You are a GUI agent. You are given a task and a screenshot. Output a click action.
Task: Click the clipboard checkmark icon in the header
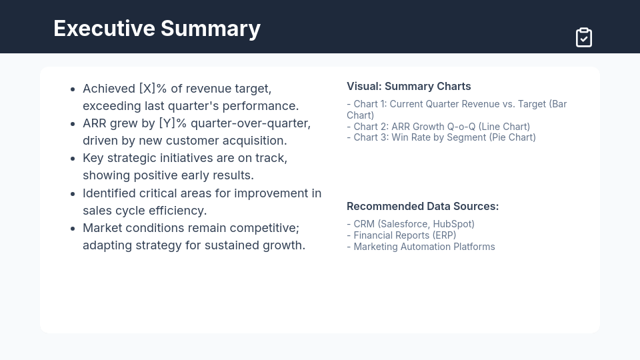point(584,37)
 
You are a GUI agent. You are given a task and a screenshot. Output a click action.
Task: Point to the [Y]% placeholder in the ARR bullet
point(173,123)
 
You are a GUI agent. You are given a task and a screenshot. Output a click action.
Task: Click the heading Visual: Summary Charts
point(409,86)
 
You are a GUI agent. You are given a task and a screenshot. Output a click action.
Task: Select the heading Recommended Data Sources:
point(423,206)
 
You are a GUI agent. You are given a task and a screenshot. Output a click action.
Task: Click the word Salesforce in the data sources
point(404,224)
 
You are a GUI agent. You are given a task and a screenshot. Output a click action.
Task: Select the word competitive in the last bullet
point(265,228)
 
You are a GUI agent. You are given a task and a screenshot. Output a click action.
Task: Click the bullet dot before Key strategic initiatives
point(73,159)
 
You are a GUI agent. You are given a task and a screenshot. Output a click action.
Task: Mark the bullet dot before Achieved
point(73,89)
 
